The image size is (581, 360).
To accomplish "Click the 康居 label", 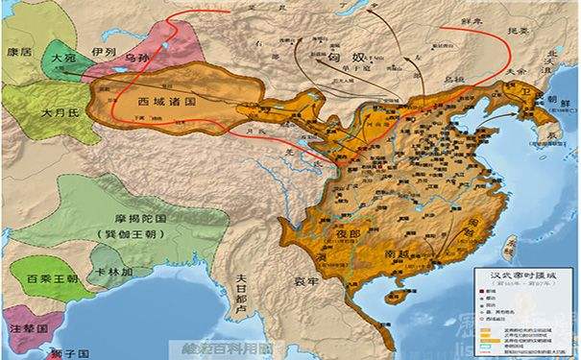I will [x=20, y=47].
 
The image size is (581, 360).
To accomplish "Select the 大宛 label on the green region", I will [x=63, y=59].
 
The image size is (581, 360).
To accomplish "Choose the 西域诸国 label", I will [x=141, y=100].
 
